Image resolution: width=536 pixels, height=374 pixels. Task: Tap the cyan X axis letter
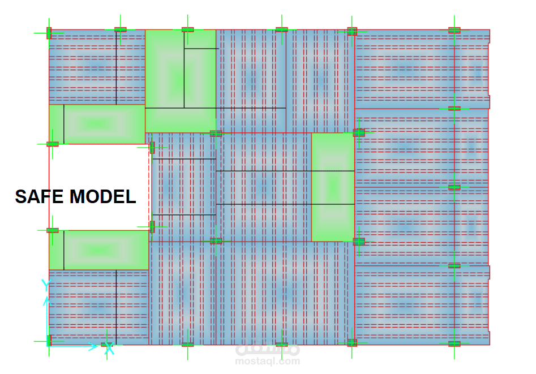pyautogui.click(x=110, y=350)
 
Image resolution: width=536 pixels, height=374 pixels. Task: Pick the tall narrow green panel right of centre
pyautogui.click(x=333, y=187)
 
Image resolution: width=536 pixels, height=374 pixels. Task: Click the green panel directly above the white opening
pyautogui.click(x=97, y=123)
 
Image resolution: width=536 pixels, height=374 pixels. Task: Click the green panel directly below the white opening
pyautogui.click(x=99, y=250)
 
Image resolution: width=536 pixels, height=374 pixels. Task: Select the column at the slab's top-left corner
pyautogui.click(x=49, y=33)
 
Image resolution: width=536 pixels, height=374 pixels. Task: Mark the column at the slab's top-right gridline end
pyautogui.click(x=454, y=30)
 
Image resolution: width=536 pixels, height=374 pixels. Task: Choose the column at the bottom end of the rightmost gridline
pyautogui.click(x=454, y=343)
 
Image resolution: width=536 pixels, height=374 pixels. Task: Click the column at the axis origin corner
pyautogui.click(x=49, y=341)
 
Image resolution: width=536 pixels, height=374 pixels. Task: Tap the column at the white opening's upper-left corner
pyautogui.click(x=52, y=144)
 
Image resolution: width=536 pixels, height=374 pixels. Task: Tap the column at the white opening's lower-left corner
pyautogui.click(x=52, y=230)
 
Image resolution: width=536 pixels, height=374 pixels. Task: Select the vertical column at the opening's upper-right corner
pyautogui.click(x=152, y=148)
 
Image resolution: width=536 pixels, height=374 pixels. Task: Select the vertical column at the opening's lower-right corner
pyautogui.click(x=152, y=227)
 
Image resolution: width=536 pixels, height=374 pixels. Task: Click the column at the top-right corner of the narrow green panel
pyautogui.click(x=359, y=133)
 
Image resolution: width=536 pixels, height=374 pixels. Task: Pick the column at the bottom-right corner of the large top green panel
pyautogui.click(x=216, y=134)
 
